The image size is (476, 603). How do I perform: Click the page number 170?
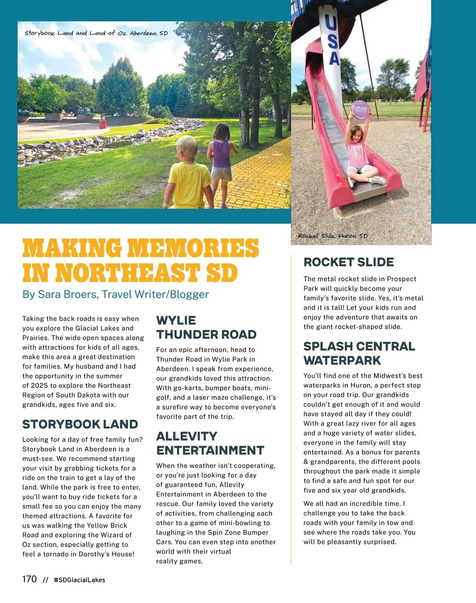[29, 579]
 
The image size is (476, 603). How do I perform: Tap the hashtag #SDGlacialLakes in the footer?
[79, 580]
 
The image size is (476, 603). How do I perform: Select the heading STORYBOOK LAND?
[80, 424]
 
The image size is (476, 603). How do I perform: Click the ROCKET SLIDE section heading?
[349, 262]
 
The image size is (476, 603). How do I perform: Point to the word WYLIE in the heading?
[176, 320]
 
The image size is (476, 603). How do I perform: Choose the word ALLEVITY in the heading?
[187, 436]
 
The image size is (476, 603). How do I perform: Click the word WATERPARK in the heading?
[342, 360]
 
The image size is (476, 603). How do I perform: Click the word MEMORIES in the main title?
[193, 248]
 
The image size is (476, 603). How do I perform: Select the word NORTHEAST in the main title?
[127, 274]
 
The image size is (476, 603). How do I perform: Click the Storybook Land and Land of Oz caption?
[96, 33]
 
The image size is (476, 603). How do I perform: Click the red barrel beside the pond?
[103, 124]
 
